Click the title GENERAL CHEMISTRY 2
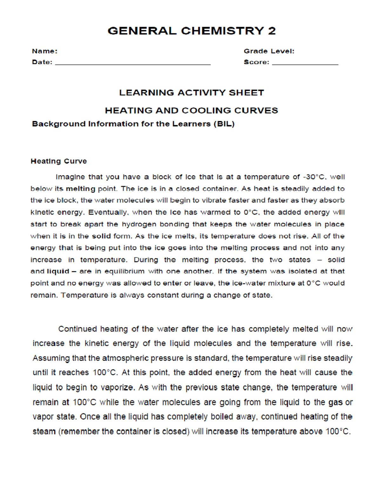(x=191, y=31)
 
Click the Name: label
(x=44, y=51)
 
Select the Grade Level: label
(x=269, y=51)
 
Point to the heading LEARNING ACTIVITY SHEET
(x=191, y=93)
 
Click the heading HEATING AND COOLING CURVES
(x=191, y=110)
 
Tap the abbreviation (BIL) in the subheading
(x=224, y=124)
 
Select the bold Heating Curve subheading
(x=58, y=161)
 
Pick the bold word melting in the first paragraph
(x=80, y=189)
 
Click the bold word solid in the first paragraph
(x=101, y=236)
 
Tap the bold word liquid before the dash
(x=58, y=271)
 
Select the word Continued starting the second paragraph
(x=77, y=329)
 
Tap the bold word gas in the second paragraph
(x=335, y=403)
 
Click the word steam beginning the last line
(x=44, y=432)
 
